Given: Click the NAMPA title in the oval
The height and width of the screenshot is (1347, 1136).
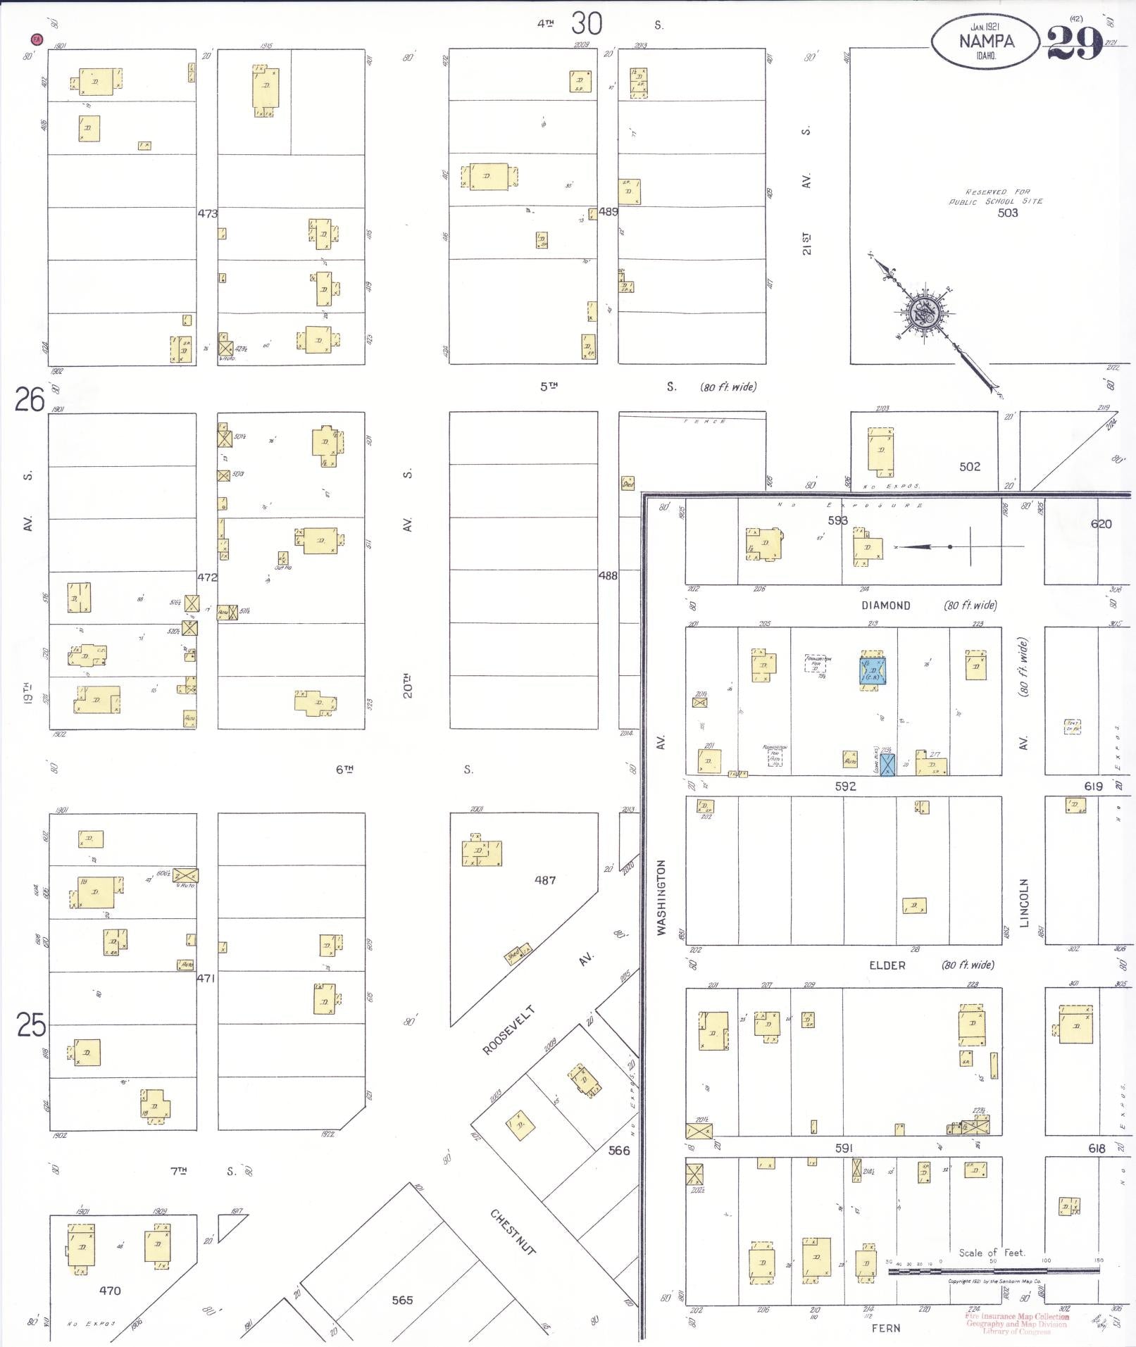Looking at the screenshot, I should [986, 41].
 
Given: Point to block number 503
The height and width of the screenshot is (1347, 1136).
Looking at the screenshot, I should [1007, 213].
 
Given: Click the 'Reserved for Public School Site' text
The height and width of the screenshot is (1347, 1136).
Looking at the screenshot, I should [995, 196].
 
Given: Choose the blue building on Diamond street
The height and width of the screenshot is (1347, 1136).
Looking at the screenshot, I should [873, 670].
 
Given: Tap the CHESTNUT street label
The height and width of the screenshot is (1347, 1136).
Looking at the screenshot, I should [513, 1231].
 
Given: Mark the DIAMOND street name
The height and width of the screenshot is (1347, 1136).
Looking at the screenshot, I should [885, 606].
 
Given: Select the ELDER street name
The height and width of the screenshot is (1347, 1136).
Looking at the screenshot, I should [887, 965].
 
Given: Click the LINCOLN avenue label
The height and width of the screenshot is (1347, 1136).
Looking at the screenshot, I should [1025, 902].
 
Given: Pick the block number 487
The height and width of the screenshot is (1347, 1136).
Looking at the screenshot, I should [545, 879].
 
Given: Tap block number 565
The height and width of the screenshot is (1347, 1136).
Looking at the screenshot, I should [402, 1300].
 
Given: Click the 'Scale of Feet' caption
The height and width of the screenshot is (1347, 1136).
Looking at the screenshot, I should [992, 1253].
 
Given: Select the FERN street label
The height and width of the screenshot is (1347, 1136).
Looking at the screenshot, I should [886, 1328].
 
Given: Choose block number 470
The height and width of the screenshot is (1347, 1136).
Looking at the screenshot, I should [110, 1291].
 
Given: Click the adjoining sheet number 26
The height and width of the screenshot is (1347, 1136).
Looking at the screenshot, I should [30, 400].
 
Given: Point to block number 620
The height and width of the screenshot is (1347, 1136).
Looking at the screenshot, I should [1101, 524].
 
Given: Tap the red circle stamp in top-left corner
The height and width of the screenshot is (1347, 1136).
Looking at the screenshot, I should [36, 39].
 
